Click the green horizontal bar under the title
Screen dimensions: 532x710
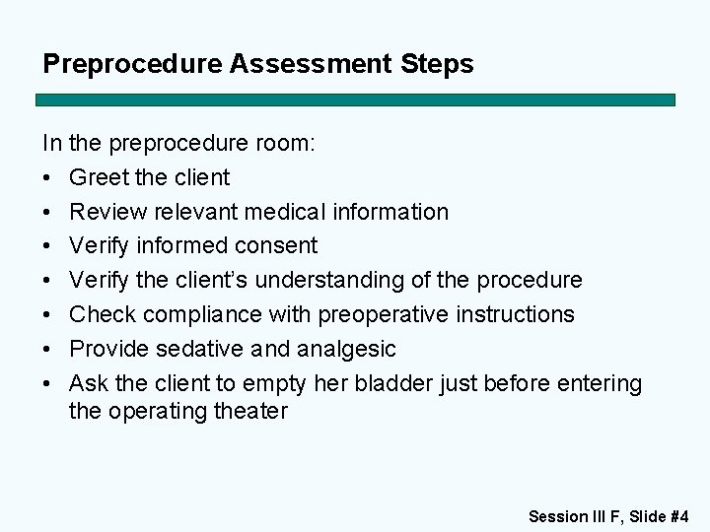pos(355,100)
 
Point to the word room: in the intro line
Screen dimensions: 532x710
pos(285,144)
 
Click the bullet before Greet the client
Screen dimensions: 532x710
pos(48,178)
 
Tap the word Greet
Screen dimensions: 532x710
pos(100,178)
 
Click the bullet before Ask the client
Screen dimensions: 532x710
pos(48,383)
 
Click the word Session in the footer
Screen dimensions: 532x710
pos(558,516)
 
